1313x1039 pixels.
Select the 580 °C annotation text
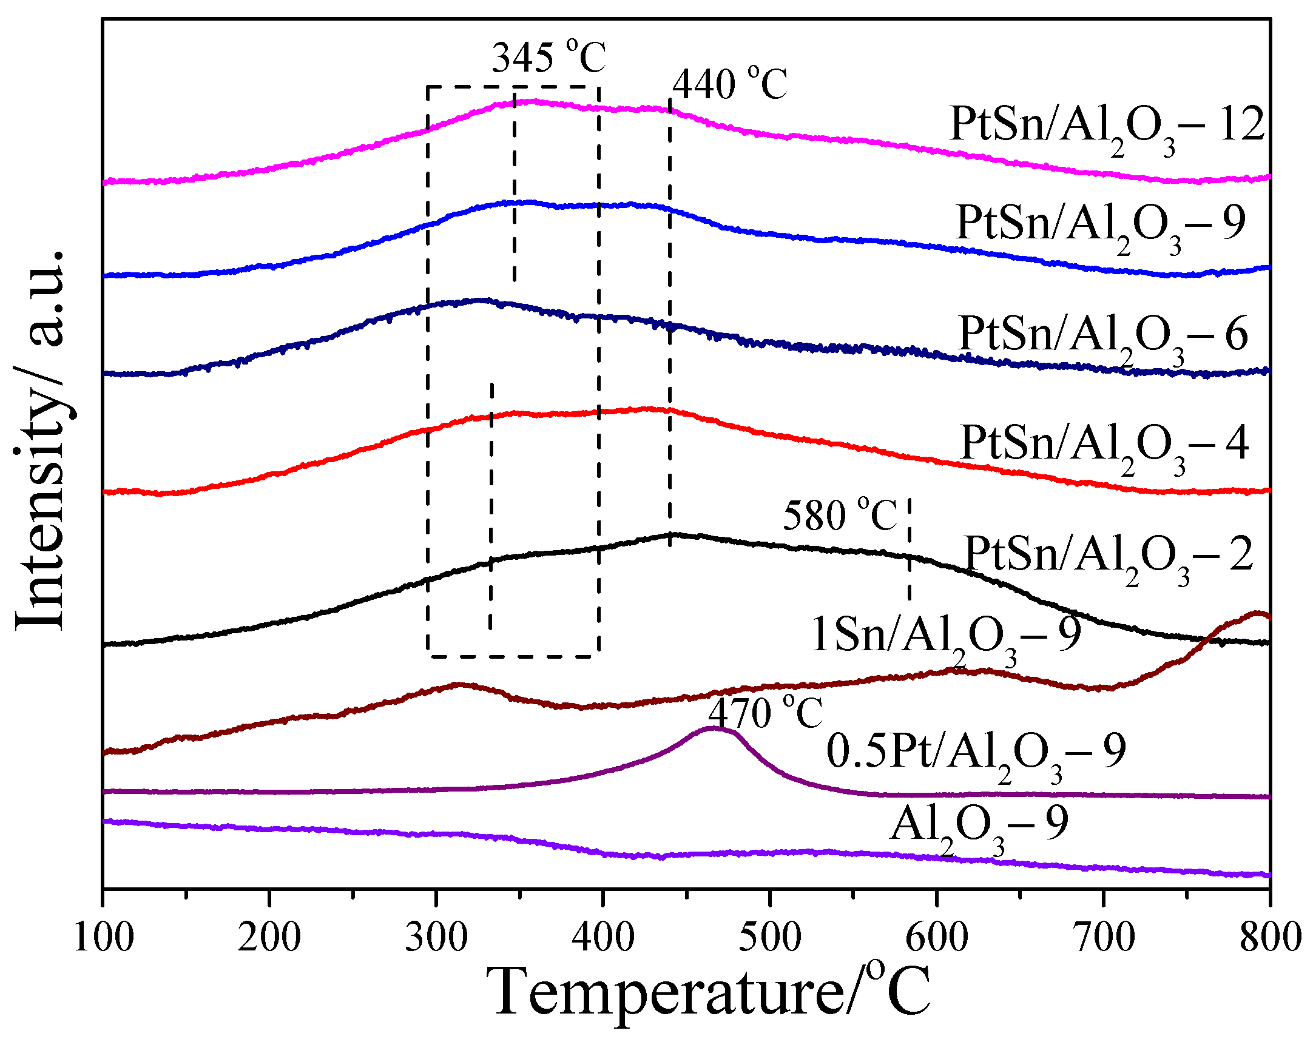(x=839, y=516)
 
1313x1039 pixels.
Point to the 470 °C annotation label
(x=765, y=713)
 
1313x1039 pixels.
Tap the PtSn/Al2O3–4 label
(x=1104, y=445)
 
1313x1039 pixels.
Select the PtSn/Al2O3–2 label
(x=1109, y=556)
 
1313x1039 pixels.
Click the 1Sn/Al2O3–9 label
(x=946, y=636)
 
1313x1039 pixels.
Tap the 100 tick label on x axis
(x=103, y=938)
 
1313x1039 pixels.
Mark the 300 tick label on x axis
(x=436, y=938)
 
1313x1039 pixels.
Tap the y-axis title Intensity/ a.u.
(x=40, y=439)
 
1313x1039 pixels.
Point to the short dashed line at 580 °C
(x=909, y=548)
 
